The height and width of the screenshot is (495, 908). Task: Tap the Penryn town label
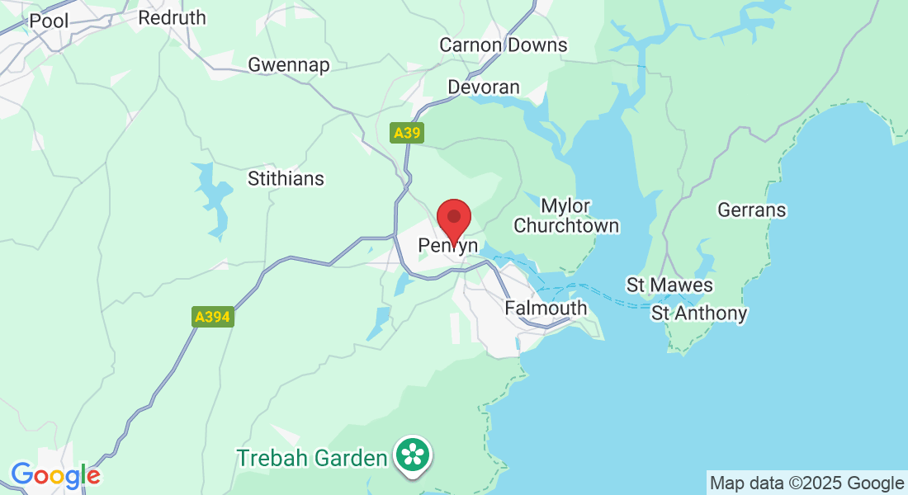[448, 246]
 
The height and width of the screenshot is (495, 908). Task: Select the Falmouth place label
[546, 309]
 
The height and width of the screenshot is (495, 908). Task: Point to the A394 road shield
[213, 317]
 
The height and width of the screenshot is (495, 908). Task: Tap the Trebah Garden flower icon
[411, 455]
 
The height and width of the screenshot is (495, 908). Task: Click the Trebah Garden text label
[312, 458]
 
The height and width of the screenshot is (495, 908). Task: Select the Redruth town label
[173, 18]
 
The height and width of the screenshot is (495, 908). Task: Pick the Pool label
[49, 21]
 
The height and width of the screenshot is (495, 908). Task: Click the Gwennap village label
[289, 65]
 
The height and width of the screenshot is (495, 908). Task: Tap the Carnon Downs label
[504, 45]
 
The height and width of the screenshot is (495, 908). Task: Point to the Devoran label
[484, 87]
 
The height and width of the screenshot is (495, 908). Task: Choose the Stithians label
[286, 178]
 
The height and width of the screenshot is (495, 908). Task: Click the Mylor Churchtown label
[566, 215]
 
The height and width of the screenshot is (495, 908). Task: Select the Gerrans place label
[752, 210]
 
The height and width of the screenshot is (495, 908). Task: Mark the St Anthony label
[699, 313]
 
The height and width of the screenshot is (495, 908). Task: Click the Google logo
[55, 475]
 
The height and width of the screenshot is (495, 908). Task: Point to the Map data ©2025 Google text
[807, 483]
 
